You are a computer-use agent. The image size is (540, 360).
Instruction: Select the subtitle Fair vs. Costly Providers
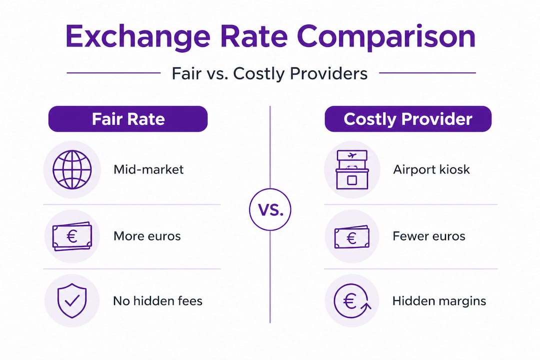tap(269, 73)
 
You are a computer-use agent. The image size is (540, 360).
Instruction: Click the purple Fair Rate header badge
tap(127, 119)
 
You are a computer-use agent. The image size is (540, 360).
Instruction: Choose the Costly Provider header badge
tap(408, 119)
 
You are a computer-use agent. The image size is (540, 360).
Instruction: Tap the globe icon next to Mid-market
tap(72, 169)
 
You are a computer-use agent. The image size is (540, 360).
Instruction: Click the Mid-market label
tap(148, 169)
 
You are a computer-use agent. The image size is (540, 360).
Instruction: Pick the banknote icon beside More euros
tap(72, 236)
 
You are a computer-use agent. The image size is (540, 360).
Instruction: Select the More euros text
tap(147, 236)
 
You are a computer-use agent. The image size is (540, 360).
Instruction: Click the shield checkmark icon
tap(72, 301)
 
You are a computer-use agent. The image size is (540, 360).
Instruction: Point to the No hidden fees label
tap(157, 301)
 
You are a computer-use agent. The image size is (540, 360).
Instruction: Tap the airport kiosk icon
tap(352, 169)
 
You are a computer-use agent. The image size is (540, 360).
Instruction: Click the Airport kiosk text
tap(431, 169)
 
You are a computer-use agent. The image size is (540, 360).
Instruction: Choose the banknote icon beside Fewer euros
tap(352, 236)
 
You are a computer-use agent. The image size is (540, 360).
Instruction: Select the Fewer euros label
tap(429, 236)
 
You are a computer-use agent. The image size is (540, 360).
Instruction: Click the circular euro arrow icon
tap(352, 301)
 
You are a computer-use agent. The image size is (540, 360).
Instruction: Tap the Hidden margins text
tap(439, 301)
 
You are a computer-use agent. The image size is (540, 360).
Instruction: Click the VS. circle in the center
tap(270, 209)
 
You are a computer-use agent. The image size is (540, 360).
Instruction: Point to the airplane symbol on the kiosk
tap(352, 155)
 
